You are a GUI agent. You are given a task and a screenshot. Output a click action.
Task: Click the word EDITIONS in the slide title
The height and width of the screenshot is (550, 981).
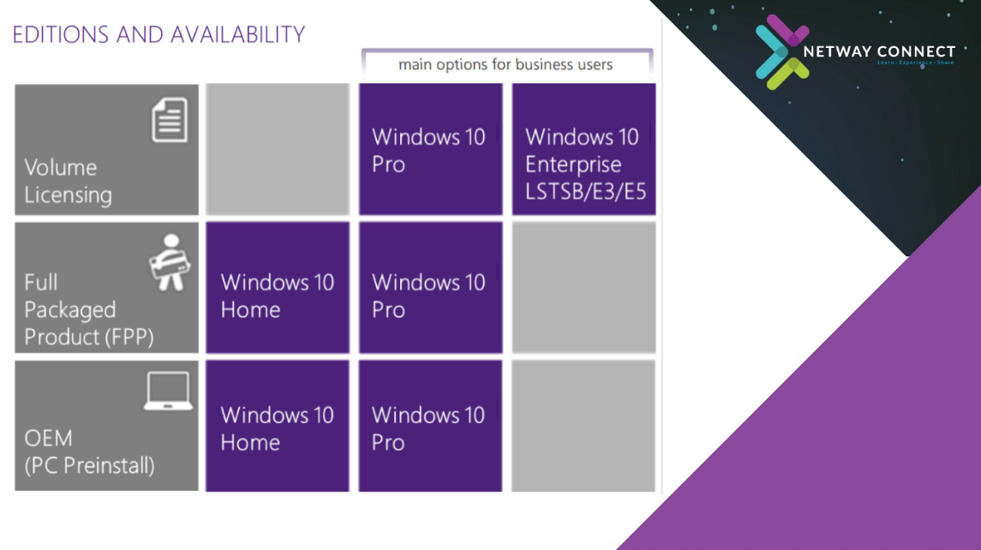click(61, 34)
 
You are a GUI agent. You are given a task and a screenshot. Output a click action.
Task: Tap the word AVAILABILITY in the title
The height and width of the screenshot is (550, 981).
click(237, 34)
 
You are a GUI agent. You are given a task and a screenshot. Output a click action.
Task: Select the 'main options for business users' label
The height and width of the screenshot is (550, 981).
click(505, 64)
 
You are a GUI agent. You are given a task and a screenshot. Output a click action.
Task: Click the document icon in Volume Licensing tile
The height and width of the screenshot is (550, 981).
click(170, 120)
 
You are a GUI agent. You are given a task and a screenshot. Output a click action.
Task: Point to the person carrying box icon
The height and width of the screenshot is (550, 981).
click(170, 262)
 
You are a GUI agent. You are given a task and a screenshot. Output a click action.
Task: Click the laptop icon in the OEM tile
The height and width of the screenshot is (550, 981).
click(168, 391)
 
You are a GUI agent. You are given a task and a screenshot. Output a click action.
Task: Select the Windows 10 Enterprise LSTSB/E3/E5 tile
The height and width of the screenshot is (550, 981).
click(583, 150)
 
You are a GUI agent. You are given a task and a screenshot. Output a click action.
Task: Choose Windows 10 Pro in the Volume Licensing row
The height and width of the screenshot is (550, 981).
click(430, 150)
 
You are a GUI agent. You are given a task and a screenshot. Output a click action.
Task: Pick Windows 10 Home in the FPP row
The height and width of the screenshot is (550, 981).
click(278, 288)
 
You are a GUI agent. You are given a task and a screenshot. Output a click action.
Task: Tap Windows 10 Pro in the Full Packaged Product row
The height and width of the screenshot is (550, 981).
click(430, 288)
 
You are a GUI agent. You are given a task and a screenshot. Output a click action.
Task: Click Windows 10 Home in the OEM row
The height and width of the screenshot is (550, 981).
click(277, 426)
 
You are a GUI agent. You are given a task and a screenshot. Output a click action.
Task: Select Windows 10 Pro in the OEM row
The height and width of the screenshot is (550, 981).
click(430, 426)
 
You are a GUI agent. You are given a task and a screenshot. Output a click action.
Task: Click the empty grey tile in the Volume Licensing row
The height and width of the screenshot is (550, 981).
click(278, 150)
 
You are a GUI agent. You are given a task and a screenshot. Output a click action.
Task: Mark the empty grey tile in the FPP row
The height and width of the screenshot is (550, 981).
click(583, 288)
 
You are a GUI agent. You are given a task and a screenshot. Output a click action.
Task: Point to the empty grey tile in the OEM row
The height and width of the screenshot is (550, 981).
click(583, 426)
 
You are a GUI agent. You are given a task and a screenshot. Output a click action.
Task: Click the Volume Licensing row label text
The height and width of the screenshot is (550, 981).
click(69, 182)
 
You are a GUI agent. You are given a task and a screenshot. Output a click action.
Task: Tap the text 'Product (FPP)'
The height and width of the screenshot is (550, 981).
click(89, 338)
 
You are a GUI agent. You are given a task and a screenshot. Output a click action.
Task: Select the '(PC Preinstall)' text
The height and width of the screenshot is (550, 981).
click(89, 465)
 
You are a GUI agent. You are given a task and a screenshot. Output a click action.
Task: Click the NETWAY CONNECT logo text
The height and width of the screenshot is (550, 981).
click(879, 52)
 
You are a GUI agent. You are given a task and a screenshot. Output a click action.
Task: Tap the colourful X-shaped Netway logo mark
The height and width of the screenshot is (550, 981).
click(782, 52)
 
